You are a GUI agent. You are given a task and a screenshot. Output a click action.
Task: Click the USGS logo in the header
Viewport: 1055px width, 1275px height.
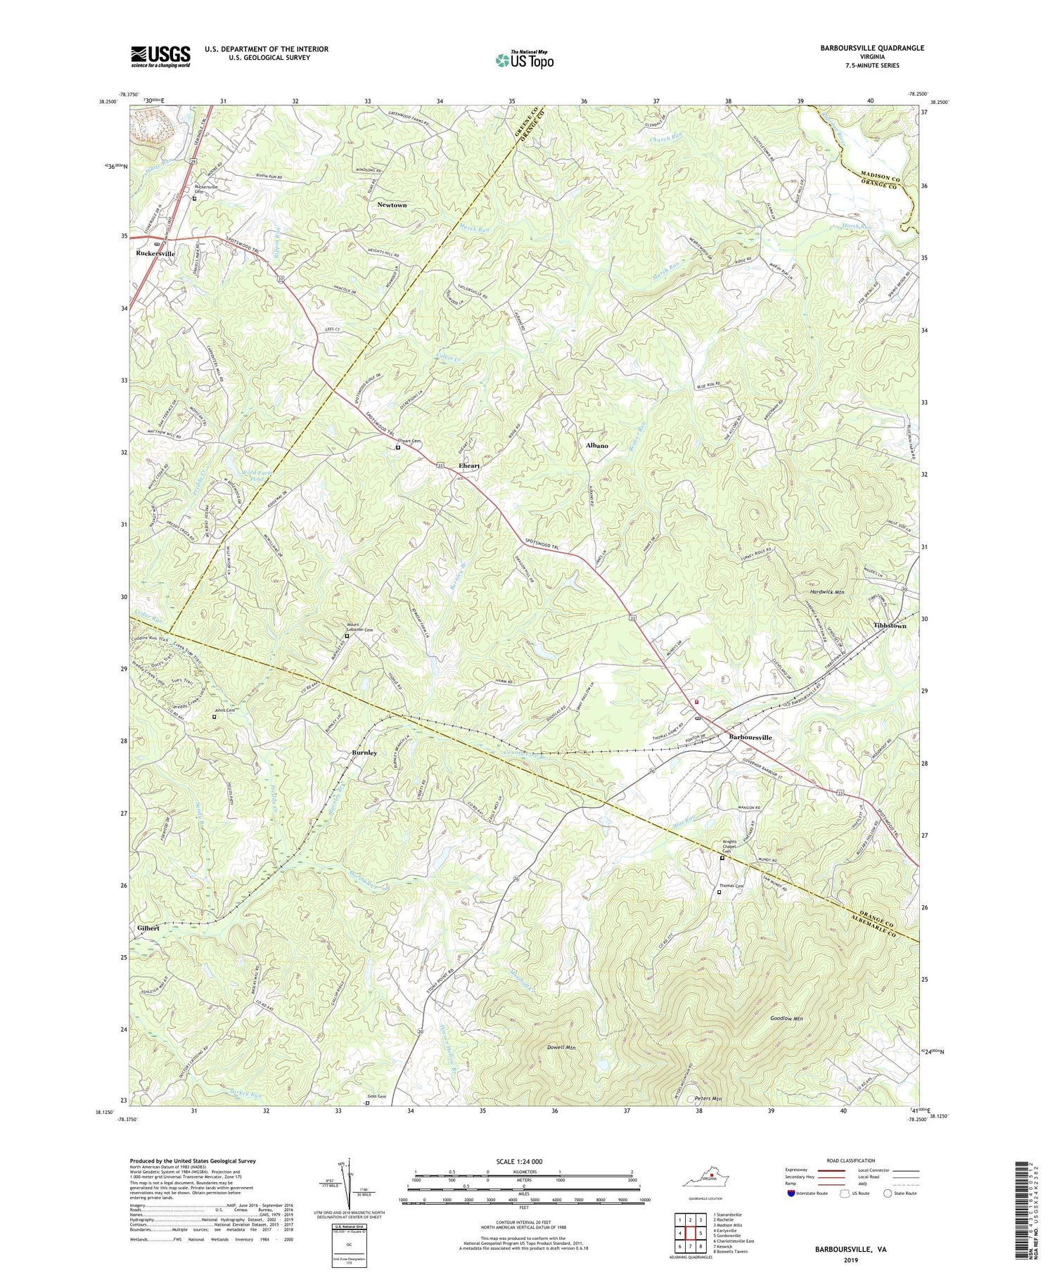160,56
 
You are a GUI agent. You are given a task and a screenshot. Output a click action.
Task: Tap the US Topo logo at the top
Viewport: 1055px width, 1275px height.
524,60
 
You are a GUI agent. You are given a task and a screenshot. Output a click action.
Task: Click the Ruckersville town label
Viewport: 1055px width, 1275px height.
155,253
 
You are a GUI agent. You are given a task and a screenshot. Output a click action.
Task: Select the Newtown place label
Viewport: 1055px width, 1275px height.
392,205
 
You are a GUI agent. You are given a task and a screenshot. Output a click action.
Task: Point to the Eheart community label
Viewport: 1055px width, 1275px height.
469,466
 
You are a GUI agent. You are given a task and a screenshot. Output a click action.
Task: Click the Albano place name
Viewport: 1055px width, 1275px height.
597,446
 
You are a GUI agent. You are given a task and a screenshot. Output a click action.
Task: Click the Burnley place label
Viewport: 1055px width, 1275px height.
364,752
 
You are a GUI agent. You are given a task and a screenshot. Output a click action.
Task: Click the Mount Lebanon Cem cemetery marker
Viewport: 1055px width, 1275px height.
347,636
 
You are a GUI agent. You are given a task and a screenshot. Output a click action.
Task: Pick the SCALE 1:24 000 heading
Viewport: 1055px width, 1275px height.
523,1161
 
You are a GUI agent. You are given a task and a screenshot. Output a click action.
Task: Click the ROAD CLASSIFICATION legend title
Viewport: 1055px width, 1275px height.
851,1160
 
